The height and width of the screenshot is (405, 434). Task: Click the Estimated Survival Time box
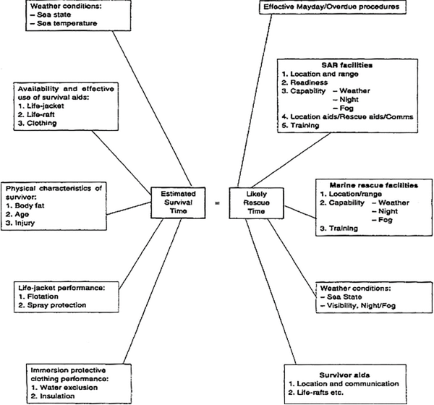(x=178, y=202)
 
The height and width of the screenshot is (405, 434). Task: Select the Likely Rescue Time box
(x=256, y=203)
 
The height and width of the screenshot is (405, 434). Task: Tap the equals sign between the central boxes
(x=218, y=203)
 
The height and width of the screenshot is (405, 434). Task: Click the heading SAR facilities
(x=346, y=65)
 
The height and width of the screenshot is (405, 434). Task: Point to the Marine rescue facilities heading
(x=374, y=185)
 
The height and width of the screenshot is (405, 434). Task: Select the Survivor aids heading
(x=344, y=375)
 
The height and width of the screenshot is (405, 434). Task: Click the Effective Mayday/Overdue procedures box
(x=333, y=7)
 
